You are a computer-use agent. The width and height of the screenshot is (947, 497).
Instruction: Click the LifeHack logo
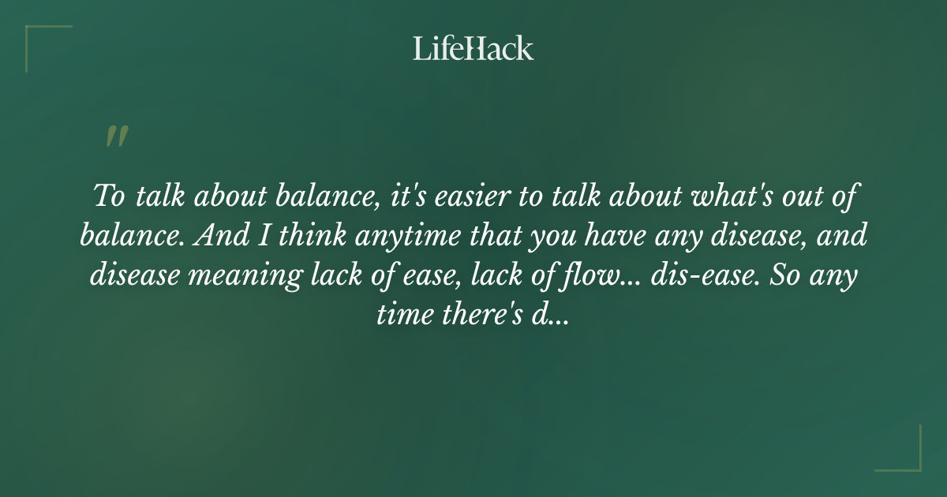pyautogui.click(x=473, y=48)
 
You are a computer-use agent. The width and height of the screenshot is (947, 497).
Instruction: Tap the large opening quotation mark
pyautogui.click(x=116, y=136)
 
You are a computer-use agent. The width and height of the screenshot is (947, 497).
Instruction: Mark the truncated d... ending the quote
pyautogui.click(x=548, y=316)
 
